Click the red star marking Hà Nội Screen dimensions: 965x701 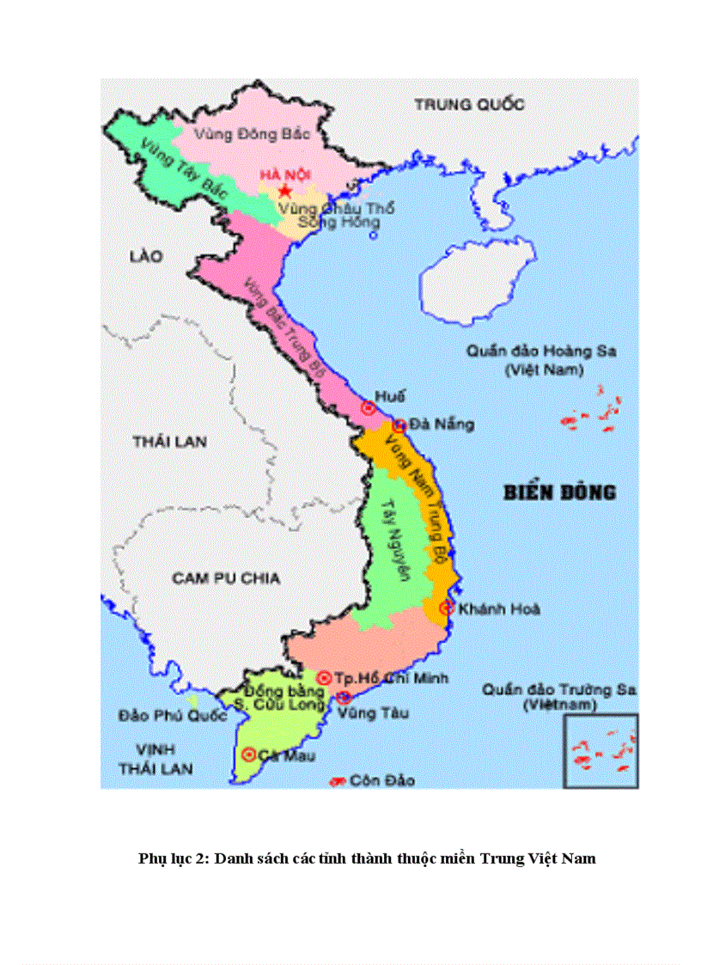coord(285,191)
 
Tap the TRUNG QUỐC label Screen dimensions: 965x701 coord(469,104)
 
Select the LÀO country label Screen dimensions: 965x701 coord(146,255)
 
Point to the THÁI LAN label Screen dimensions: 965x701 coord(170,442)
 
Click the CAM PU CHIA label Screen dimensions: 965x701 coord(226,577)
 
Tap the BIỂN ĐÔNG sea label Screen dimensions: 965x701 coord(559,492)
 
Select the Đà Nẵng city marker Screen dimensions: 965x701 coord(399,425)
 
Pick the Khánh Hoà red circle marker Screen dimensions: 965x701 coord(446,608)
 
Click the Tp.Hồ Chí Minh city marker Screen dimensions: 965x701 coord(325,678)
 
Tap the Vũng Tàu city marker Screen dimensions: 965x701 coord(344,697)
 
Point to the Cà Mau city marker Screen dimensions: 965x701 coord(249,754)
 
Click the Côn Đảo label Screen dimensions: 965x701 coord(381,780)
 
